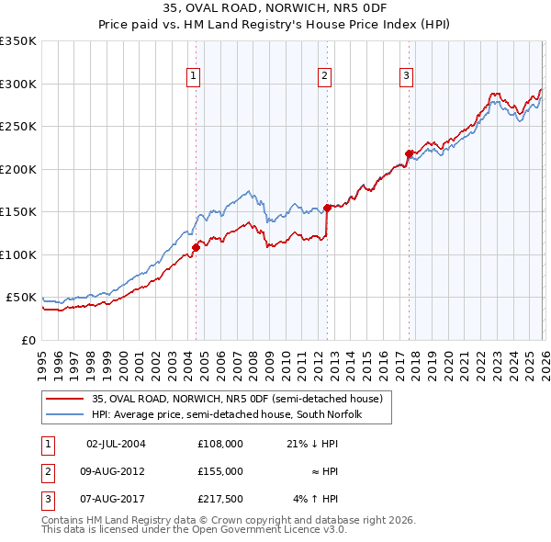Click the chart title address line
[275, 10]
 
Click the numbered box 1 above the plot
[195, 77]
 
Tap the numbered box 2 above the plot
[325, 77]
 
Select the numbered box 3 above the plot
[406, 77]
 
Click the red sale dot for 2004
[196, 247]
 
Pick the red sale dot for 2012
[327, 208]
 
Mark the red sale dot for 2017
[409, 153]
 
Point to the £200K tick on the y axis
[18, 169]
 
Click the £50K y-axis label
[21, 298]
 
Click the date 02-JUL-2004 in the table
[116, 444]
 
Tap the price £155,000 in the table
[219, 471]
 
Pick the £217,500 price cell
[219, 499]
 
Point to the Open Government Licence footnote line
[194, 530]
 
